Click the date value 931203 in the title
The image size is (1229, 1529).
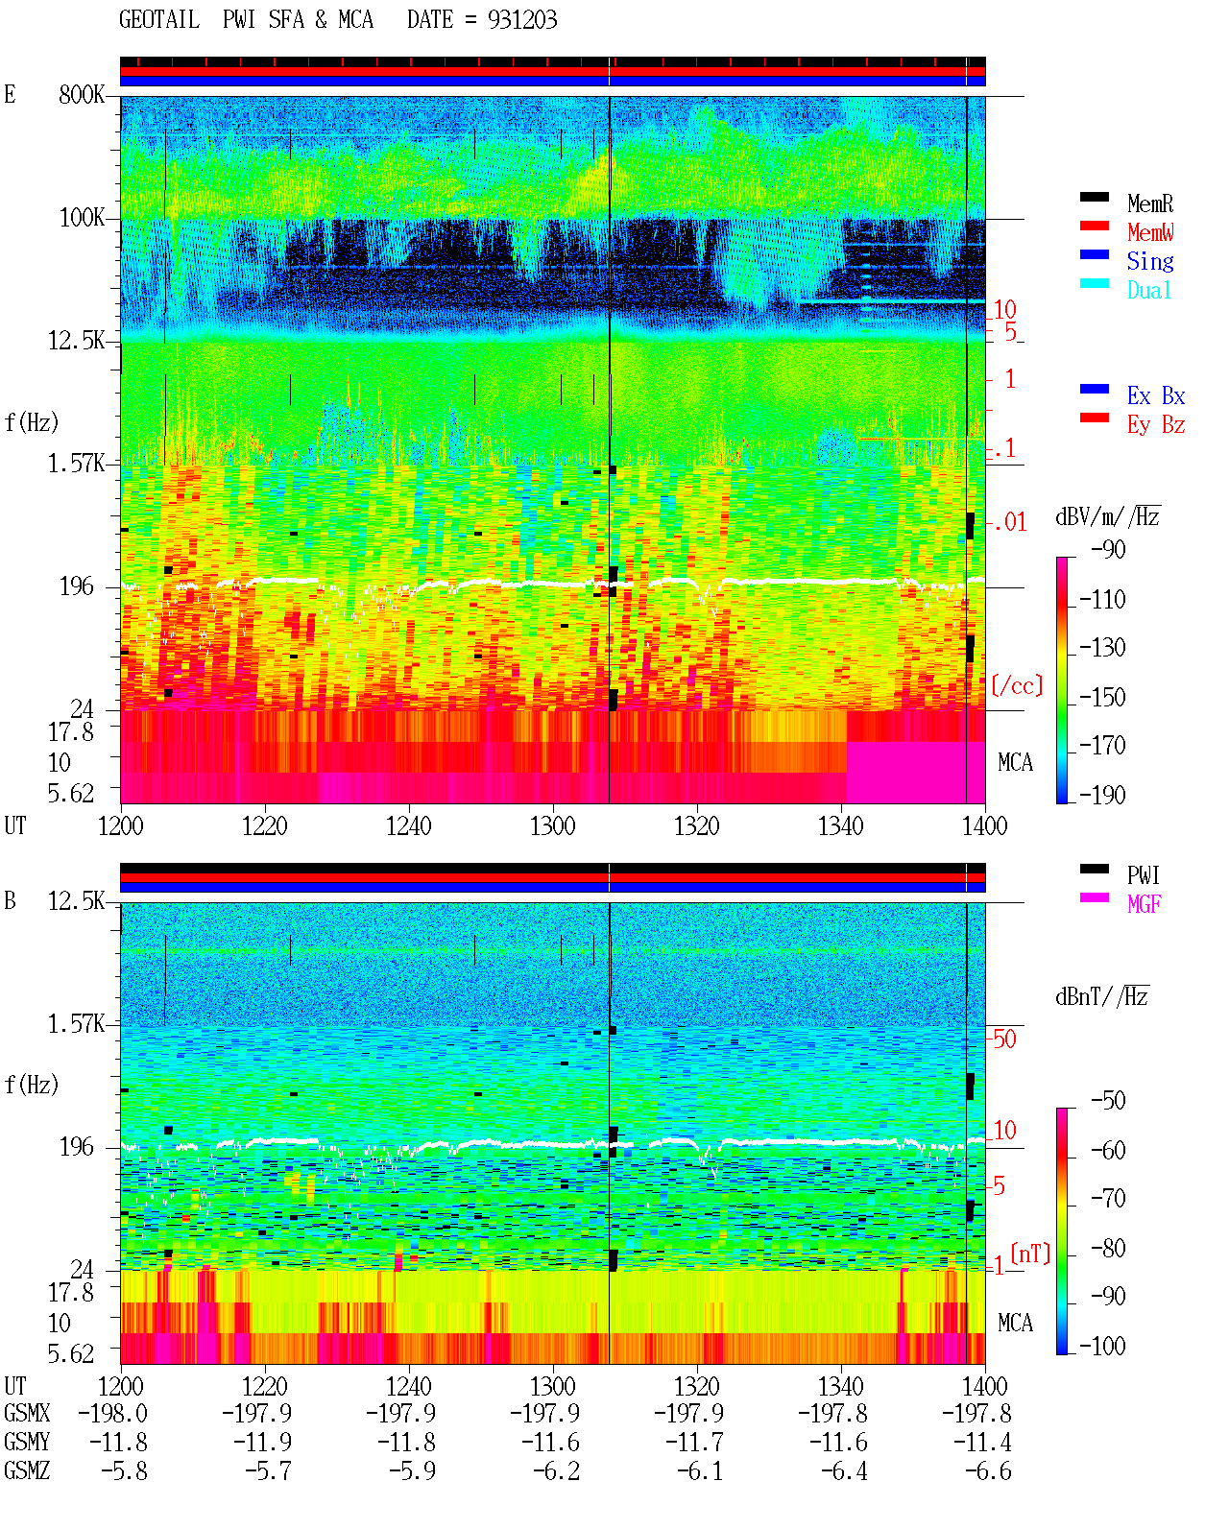(x=522, y=20)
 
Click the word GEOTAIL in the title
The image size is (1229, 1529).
(x=159, y=20)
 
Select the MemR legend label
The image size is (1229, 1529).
(x=1150, y=203)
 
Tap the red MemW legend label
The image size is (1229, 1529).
(x=1150, y=232)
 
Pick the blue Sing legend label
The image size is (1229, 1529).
(x=1150, y=261)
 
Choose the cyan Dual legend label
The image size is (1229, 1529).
(x=1149, y=290)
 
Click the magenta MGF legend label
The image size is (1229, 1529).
(x=1144, y=904)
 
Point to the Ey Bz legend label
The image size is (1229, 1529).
(x=1156, y=425)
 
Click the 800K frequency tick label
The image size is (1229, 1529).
(x=82, y=94)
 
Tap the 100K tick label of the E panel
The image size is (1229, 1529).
(x=82, y=218)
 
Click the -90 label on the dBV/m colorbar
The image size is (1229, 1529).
(x=1108, y=549)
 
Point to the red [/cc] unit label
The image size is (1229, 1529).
(x=1017, y=685)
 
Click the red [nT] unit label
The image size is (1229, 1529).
(x=1030, y=1254)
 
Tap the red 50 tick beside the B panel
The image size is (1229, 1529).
(x=1004, y=1039)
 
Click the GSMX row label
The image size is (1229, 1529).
(x=27, y=1413)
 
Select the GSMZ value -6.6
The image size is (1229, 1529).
(x=988, y=1470)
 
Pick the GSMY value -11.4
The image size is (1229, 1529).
(x=982, y=1443)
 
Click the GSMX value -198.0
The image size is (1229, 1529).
(x=112, y=1413)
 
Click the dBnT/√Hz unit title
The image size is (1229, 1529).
(x=1102, y=997)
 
